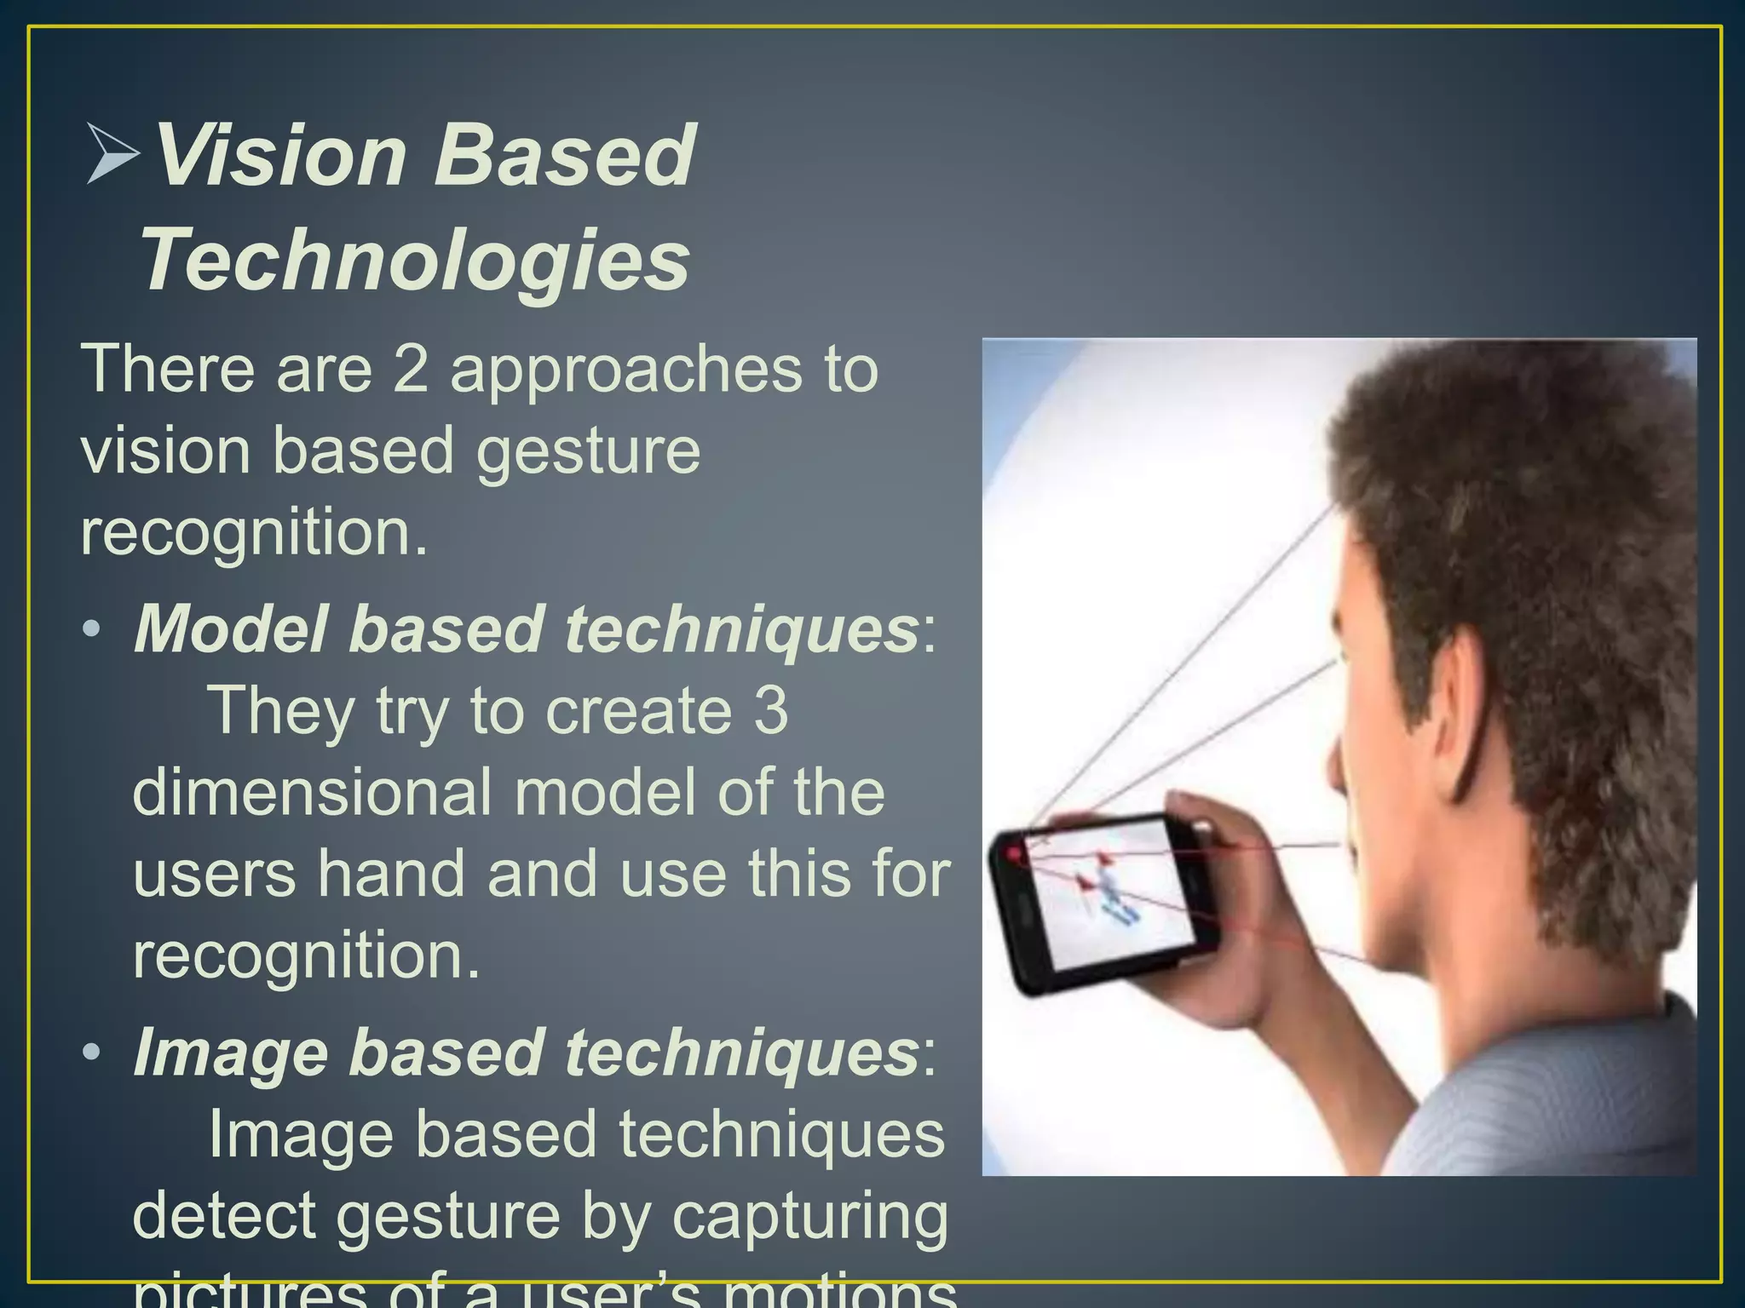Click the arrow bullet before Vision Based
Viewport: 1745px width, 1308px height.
tap(112, 154)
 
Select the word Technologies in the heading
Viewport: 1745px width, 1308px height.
tap(415, 260)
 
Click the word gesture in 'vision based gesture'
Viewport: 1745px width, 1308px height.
tap(587, 451)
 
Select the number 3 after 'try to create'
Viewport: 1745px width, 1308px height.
tap(770, 711)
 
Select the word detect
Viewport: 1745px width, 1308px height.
tap(224, 1216)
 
